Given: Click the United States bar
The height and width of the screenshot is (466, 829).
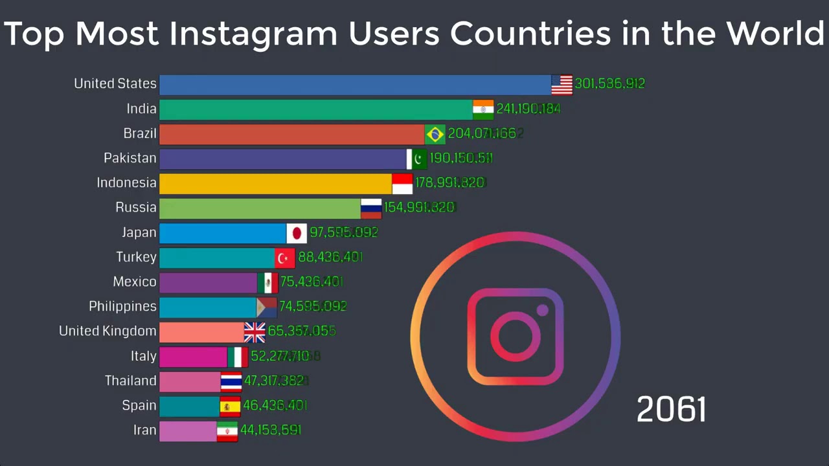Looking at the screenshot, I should pos(355,85).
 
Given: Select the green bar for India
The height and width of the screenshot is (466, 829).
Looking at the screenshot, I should pos(316,109).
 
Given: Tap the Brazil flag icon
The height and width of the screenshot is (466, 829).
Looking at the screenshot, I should pos(435,134).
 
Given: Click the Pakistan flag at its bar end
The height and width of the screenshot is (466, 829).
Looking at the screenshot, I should pos(417,159).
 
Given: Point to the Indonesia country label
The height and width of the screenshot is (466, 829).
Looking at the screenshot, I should pos(126,183).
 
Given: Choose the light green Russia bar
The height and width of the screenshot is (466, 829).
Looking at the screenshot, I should pos(260,208).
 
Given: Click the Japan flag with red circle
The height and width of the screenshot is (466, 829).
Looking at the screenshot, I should pos(297,233).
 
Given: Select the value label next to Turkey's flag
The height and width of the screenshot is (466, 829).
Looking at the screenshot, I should pos(330,258).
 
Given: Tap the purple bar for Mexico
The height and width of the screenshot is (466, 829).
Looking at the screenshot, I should pos(208,282).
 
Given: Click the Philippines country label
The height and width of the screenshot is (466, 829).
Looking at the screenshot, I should pos(122,306).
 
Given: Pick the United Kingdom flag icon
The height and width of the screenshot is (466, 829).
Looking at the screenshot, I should pos(255,332).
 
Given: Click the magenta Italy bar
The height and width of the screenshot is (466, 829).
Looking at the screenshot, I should pos(193,357).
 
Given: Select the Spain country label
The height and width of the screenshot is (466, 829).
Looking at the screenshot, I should pos(139,406).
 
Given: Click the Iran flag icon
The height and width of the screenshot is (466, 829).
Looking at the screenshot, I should pos(227,431).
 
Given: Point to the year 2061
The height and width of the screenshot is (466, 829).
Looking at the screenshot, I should pos(671,410).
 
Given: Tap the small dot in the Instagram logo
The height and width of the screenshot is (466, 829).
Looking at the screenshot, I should pos(542,311).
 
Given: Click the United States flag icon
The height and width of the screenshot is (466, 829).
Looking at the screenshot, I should pos(562,85).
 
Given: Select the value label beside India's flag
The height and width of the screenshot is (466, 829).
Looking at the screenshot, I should pos(528,109).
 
